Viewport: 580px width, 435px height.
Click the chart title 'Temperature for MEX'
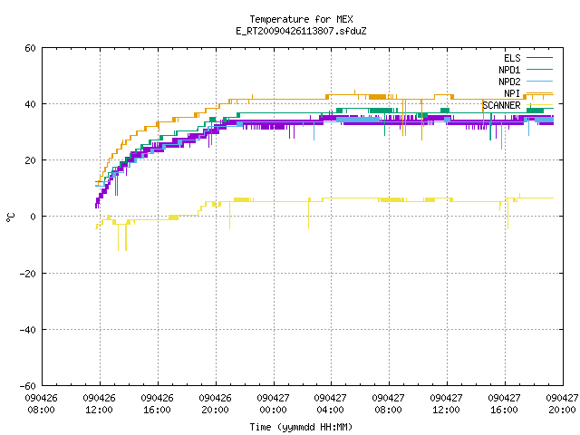click(x=301, y=19)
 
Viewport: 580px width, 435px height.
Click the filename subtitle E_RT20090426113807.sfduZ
click(x=301, y=31)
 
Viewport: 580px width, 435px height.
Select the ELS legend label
click(x=512, y=58)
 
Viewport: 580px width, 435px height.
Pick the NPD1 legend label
click(x=509, y=70)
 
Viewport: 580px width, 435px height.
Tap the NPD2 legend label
click(x=509, y=82)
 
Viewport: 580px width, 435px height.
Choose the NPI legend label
click(x=512, y=93)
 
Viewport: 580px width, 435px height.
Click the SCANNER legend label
click(x=501, y=105)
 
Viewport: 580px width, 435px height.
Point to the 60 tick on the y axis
click(x=30, y=48)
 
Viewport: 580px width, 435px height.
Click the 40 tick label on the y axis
click(x=30, y=104)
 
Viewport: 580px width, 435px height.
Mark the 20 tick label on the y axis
click(x=30, y=160)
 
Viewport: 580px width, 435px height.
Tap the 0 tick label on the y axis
click(x=34, y=217)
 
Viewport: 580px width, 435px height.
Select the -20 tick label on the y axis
click(x=28, y=274)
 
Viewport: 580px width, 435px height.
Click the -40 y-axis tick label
click(x=28, y=330)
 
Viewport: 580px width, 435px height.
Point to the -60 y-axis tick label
click(x=28, y=386)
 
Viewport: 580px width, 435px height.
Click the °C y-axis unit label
click(x=11, y=217)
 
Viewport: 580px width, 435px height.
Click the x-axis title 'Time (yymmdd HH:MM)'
click(x=301, y=427)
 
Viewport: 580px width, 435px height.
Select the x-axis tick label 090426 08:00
click(x=42, y=404)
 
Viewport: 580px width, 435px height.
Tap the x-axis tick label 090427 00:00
click(x=274, y=404)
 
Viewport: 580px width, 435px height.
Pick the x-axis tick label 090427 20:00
click(x=562, y=404)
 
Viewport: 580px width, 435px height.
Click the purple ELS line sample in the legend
click(x=539, y=58)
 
